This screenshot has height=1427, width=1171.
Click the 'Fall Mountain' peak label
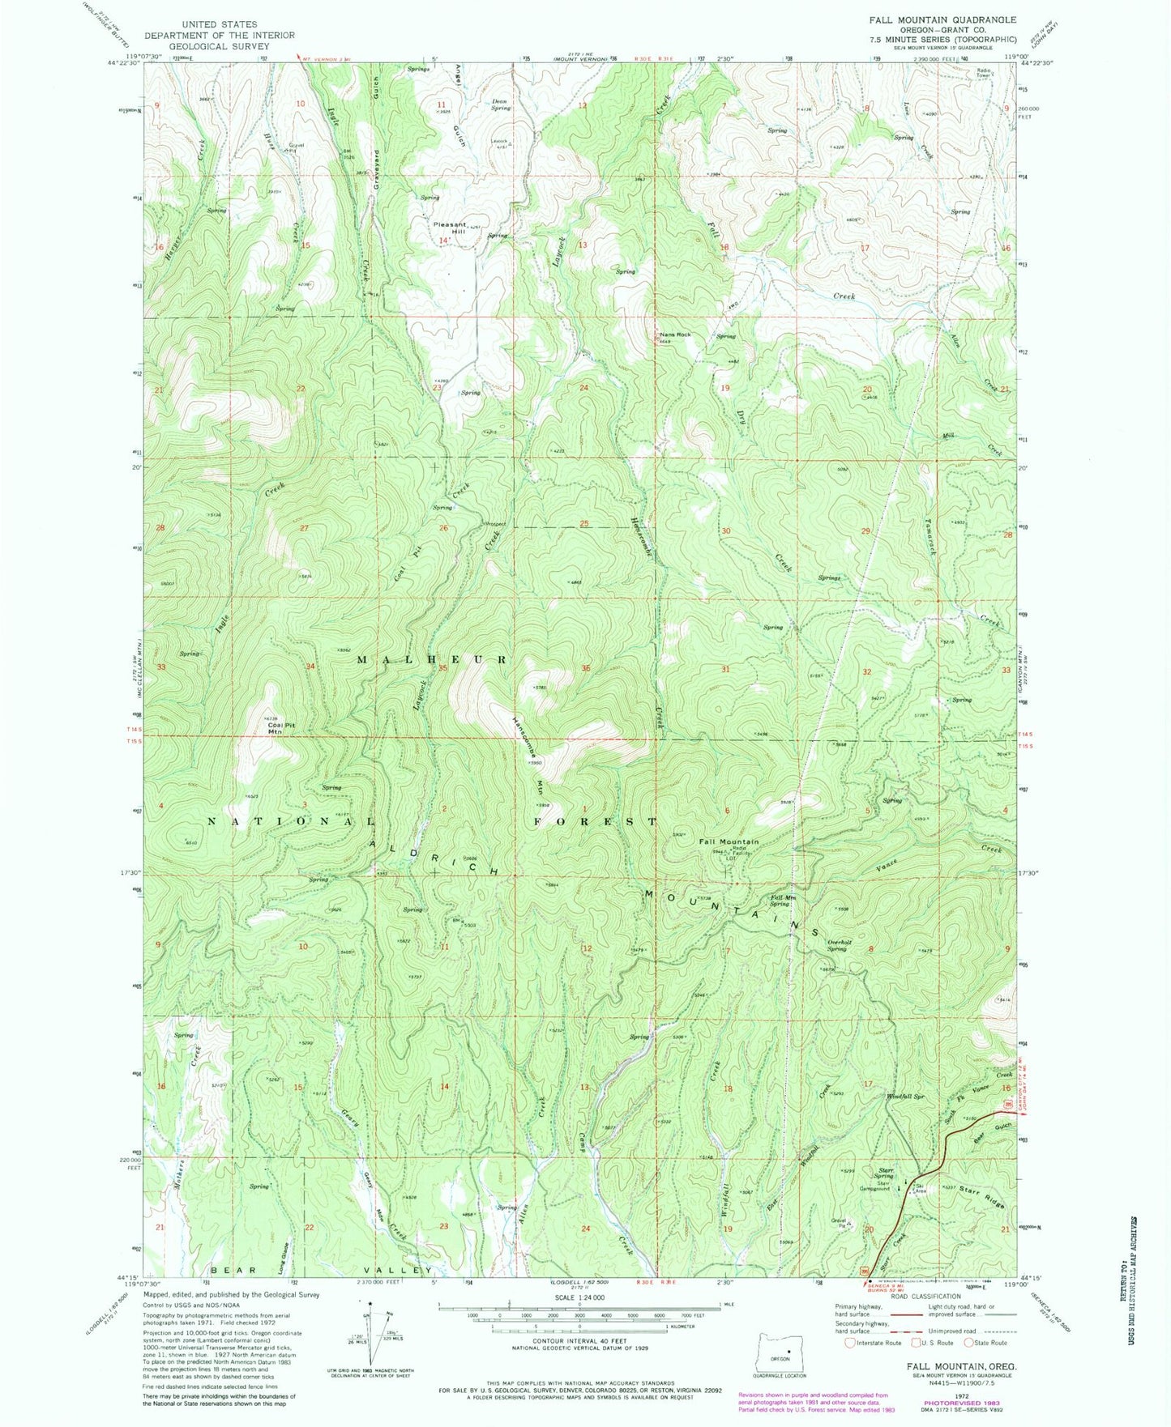click(x=729, y=841)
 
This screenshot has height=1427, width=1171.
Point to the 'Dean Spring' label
click(x=501, y=104)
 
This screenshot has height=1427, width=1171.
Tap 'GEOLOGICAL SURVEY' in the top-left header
click(x=220, y=46)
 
